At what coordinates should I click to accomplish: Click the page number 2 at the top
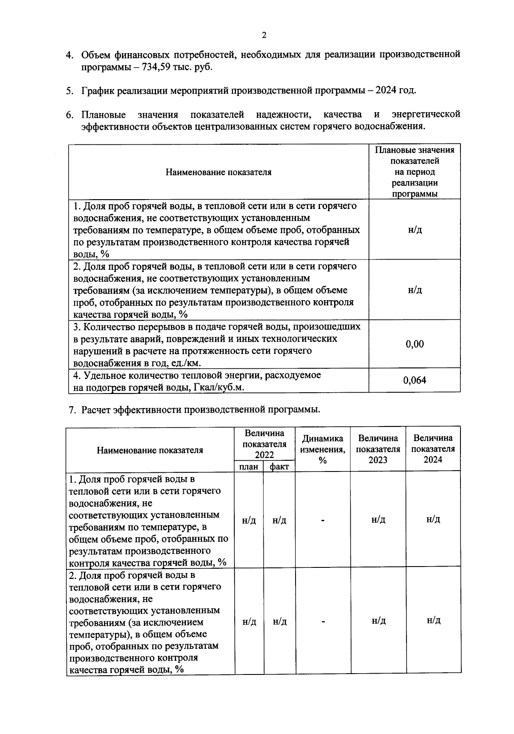coord(264,36)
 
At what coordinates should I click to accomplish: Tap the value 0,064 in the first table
coord(415,380)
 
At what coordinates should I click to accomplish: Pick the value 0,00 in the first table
coord(415,344)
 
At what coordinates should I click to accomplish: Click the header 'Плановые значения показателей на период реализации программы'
coord(415,172)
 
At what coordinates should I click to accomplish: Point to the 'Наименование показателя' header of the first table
coord(218,172)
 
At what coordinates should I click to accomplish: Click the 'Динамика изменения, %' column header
coord(323,449)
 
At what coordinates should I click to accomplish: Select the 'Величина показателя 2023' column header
coord(378,449)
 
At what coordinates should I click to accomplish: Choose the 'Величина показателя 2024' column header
coord(433,449)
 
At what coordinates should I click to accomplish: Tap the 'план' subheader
coord(249,467)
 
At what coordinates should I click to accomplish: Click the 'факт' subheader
coord(279,467)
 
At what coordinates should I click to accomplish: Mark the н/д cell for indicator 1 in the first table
coord(415,230)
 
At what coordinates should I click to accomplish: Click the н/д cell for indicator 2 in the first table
coord(415,290)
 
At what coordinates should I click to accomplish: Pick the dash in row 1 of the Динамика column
coord(323,520)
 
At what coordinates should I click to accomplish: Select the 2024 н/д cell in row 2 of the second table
coord(433,621)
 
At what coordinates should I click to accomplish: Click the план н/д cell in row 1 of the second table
coord(249,520)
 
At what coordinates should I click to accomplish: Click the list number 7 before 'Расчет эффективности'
coord(72,410)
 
